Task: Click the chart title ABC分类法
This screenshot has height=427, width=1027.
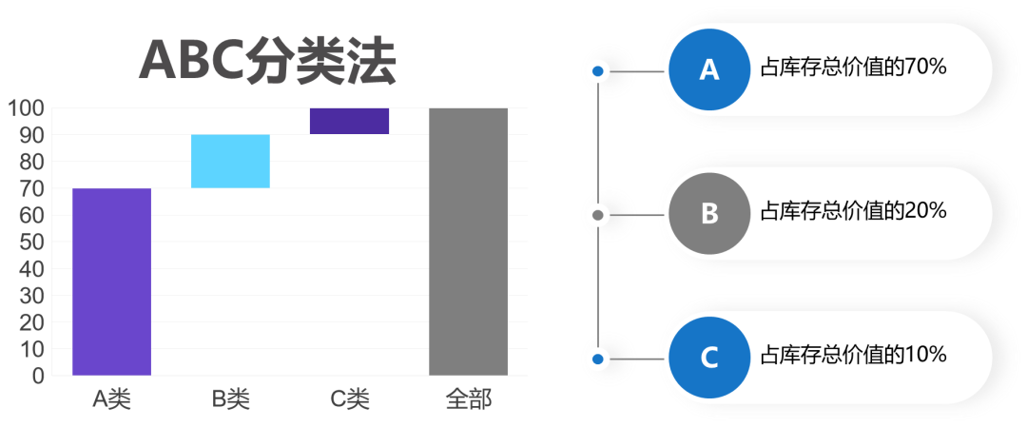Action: point(267,61)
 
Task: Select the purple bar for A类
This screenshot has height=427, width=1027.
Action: point(111,281)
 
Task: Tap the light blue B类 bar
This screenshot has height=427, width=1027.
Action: point(230,161)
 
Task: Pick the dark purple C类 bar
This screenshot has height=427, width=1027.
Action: point(349,121)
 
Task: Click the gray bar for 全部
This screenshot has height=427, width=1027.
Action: point(468,242)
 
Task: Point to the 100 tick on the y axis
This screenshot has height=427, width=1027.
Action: point(27,108)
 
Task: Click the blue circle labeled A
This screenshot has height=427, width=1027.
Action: point(709,70)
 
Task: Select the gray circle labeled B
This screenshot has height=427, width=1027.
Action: point(709,214)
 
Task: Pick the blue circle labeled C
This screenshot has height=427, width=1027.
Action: point(709,359)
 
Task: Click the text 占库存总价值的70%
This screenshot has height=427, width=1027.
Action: point(854,68)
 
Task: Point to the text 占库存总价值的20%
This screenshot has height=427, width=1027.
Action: point(854,212)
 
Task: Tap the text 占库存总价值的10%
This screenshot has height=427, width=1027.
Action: point(854,357)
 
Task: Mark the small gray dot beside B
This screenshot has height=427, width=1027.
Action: point(598,215)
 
